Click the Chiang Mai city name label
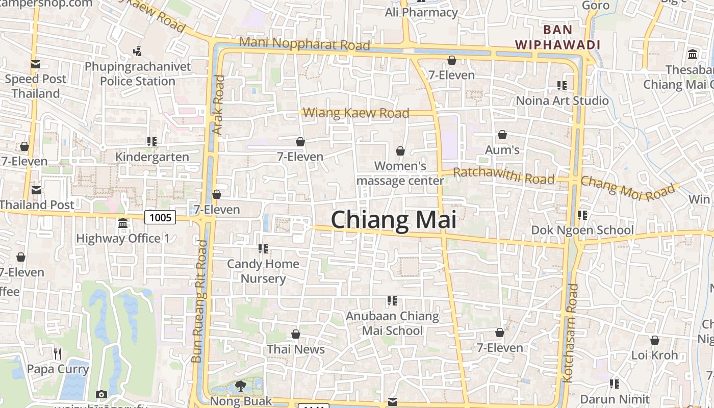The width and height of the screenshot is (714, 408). point(393,220)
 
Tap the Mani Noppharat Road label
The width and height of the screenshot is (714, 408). point(304,44)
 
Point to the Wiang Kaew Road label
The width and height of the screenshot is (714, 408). point(356,113)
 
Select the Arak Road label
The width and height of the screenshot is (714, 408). point(218,105)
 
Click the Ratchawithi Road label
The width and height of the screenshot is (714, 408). point(503,175)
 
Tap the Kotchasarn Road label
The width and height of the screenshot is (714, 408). point(570,333)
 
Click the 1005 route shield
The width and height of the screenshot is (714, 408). point(160,218)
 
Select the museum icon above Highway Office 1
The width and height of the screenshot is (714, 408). point(123,223)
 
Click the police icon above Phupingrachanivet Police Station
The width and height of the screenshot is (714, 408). point(137,52)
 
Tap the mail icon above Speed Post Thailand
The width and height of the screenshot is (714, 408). point(35,64)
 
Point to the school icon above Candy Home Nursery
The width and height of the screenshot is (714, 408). point(263,249)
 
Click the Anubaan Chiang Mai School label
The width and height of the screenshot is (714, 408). point(392,323)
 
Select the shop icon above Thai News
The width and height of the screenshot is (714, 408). point(296,335)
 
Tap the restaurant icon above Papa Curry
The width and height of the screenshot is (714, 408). point(58,354)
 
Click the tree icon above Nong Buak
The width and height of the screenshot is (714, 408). point(241,386)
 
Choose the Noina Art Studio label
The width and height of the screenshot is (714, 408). point(562,100)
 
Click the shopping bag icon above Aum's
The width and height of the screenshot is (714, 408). point(502,135)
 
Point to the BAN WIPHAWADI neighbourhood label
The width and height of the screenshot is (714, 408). point(557,37)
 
